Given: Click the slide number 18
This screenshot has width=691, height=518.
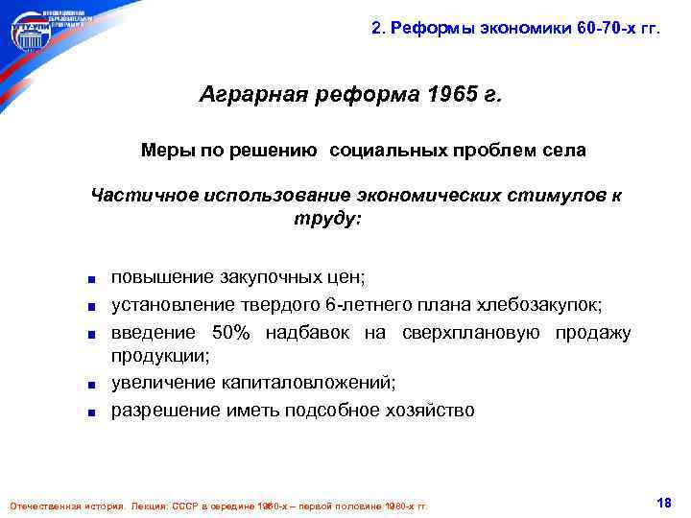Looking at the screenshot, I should click(x=662, y=503).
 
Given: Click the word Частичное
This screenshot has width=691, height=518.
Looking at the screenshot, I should click(x=143, y=196).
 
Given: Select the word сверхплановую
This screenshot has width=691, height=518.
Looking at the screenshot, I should click(x=490, y=333).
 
